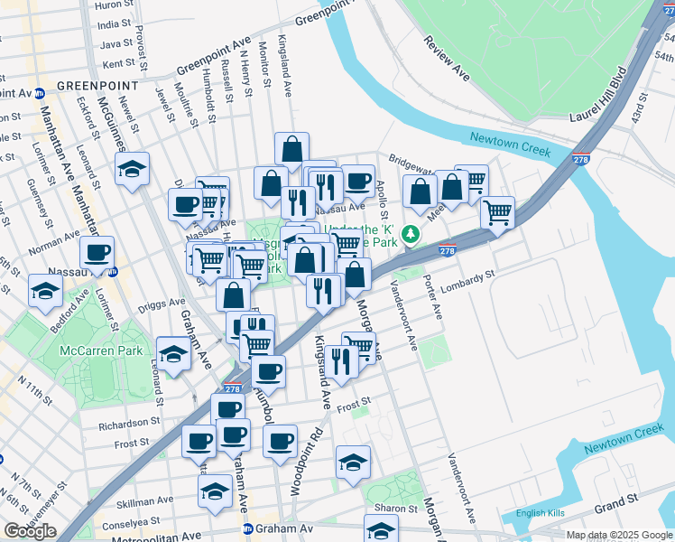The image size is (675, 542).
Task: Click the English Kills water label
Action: point(540,513)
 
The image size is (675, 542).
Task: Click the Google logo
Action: point(30,531)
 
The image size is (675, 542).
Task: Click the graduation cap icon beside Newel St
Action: point(133,168)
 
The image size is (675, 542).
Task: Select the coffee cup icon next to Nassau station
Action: point(97,252)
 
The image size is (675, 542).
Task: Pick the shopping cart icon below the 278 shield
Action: point(497,213)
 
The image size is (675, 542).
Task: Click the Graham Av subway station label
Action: point(280,528)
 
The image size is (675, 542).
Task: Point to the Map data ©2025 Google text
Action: point(618,535)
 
